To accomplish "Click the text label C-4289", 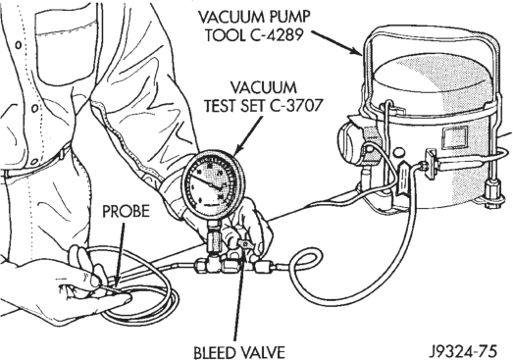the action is [x=276, y=34].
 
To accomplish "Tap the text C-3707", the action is [x=296, y=105].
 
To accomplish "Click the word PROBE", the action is [x=126, y=212].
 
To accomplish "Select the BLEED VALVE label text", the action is [x=239, y=352].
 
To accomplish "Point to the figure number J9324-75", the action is [x=463, y=351].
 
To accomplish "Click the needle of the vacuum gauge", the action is [x=206, y=181].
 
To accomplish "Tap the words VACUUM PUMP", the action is [x=254, y=17].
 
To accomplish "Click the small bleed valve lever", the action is [x=243, y=243].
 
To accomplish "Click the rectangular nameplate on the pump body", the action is [x=453, y=137].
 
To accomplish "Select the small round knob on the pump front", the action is [x=399, y=153].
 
